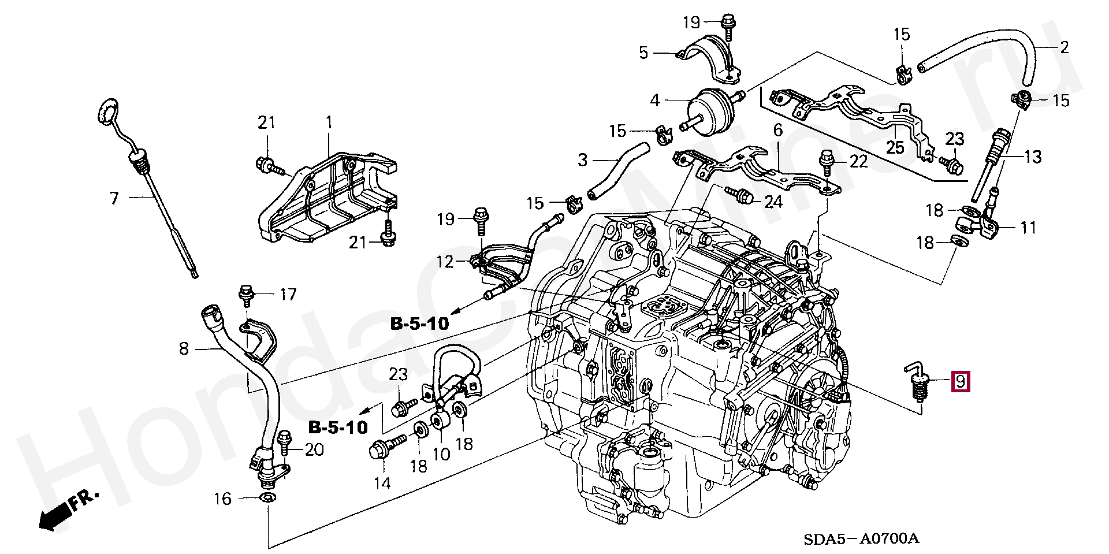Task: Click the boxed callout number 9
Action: click(x=960, y=381)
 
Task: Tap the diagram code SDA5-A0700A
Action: click(x=861, y=538)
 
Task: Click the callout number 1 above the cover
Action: click(x=329, y=122)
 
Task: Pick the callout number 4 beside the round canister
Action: click(x=654, y=101)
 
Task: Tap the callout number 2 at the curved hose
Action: click(x=1064, y=47)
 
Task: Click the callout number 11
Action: click(x=1028, y=228)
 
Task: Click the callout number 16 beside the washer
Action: click(x=223, y=499)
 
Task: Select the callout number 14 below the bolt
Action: click(x=382, y=483)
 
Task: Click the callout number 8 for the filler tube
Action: click(x=184, y=348)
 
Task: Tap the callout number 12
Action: click(x=445, y=262)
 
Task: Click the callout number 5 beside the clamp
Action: click(x=643, y=53)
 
